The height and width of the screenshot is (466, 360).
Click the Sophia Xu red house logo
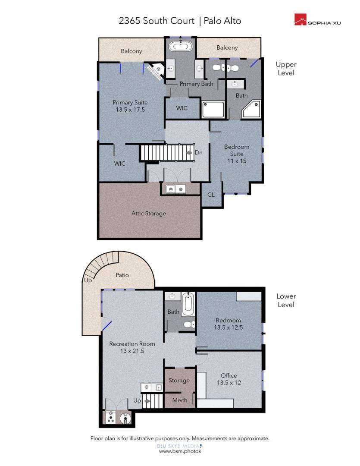point(300,19)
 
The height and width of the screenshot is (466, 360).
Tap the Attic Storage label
point(148,214)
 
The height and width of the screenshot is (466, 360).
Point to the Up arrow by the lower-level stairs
point(147,400)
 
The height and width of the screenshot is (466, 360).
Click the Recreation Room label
point(132,344)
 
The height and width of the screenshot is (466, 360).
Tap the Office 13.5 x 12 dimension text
point(229,382)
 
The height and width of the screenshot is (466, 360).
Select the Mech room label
point(180,400)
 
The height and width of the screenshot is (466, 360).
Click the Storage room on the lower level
point(179,381)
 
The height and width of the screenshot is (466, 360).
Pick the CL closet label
point(211,195)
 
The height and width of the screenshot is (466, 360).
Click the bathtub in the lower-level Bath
point(188,304)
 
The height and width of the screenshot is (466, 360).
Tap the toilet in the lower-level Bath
point(189,324)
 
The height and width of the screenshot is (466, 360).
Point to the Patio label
point(122,275)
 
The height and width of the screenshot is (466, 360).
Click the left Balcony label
point(131,51)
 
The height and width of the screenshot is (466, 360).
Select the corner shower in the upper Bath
point(251,109)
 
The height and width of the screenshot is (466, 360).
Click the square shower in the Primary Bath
point(213,110)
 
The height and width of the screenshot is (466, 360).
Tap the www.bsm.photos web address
point(180,451)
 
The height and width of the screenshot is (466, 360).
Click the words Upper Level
point(286,69)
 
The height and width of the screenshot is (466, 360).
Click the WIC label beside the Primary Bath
point(182,108)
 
